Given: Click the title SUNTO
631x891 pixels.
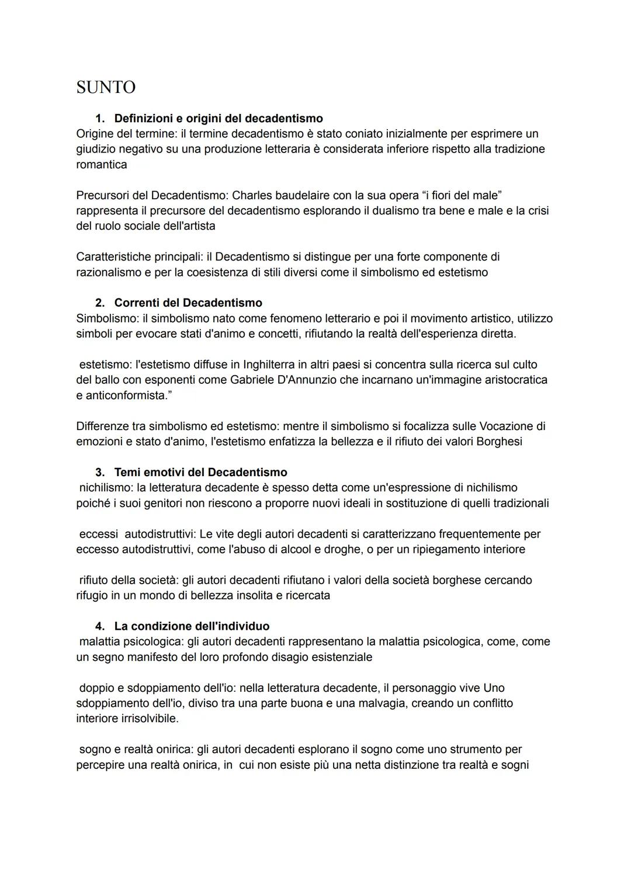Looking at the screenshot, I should pos(106,88).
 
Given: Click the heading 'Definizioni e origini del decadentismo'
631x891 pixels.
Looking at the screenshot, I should pos(219,119).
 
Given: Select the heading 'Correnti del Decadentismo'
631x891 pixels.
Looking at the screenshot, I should pos(188,303).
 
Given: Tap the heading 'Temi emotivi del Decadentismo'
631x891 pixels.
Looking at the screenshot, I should pos(200,472).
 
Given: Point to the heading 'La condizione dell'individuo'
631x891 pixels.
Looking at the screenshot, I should pos(192,626).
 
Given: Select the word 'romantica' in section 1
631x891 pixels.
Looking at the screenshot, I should pos(101,165).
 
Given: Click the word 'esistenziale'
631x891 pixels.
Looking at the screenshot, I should pos(339,657).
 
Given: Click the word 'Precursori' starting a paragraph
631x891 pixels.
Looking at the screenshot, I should pos(104,195).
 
